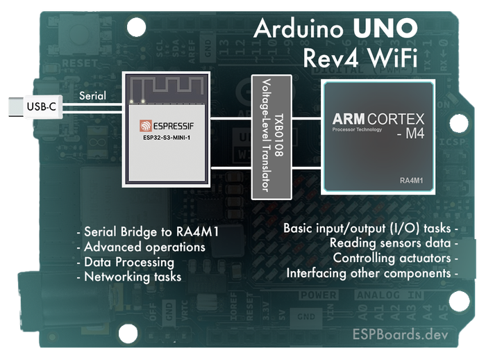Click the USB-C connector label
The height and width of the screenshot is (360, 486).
41,107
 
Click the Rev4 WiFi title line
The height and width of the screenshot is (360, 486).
361,58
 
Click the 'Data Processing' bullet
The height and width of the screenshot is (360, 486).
125,262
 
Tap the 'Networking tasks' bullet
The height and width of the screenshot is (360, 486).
128,277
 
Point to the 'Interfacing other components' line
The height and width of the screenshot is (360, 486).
372,273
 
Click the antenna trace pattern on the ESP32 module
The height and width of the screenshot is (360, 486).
166,87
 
